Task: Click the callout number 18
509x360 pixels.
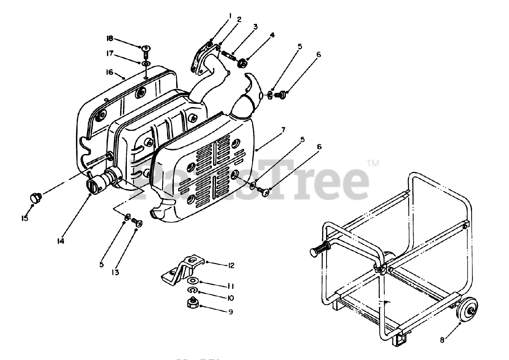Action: coord(109,39)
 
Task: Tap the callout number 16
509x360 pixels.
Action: coord(109,72)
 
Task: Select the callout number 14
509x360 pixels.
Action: coord(60,241)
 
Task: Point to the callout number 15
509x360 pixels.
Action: coord(25,218)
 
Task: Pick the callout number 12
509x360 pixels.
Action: coord(230,265)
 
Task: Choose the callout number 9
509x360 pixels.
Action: coord(230,312)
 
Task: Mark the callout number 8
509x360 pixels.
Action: coord(442,340)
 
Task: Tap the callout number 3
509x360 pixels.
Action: coord(255,27)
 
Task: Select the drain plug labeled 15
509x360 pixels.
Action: coord(36,197)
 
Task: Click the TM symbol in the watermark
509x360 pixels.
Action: coord(373,163)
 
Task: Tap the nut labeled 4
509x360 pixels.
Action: coord(241,63)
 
